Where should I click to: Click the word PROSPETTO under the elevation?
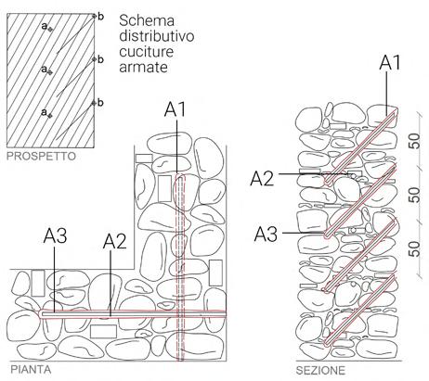coord(41,157)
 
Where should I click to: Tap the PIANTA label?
coord(31,370)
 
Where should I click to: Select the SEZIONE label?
coord(320,370)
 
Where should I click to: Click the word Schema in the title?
coord(147,20)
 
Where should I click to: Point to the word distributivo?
coord(157,36)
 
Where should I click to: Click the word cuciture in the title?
coord(146,51)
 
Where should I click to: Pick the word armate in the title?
coord(143,67)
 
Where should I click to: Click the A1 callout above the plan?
coord(175,109)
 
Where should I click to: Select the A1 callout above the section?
coord(390,63)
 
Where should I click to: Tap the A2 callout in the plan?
coord(115,241)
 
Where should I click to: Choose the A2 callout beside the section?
coord(262,178)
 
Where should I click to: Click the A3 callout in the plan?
coord(55,235)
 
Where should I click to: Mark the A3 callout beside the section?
coord(266,234)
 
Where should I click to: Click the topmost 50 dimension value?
coord(415,141)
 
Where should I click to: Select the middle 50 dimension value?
coord(415,196)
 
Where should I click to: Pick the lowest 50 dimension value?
coord(415,249)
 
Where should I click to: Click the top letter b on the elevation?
coord(100,17)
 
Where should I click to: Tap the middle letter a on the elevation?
coord(45,69)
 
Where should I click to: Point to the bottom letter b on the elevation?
coord(100,102)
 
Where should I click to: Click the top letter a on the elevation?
coord(45,26)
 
